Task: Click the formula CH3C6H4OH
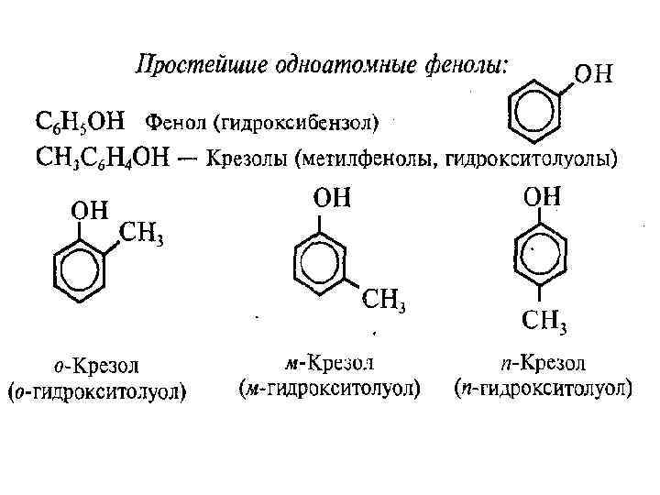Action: [100, 159]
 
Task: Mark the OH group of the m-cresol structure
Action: [332, 198]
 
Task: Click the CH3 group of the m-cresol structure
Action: [384, 299]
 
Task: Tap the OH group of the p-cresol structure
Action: [543, 196]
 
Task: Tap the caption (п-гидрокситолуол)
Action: [543, 388]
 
